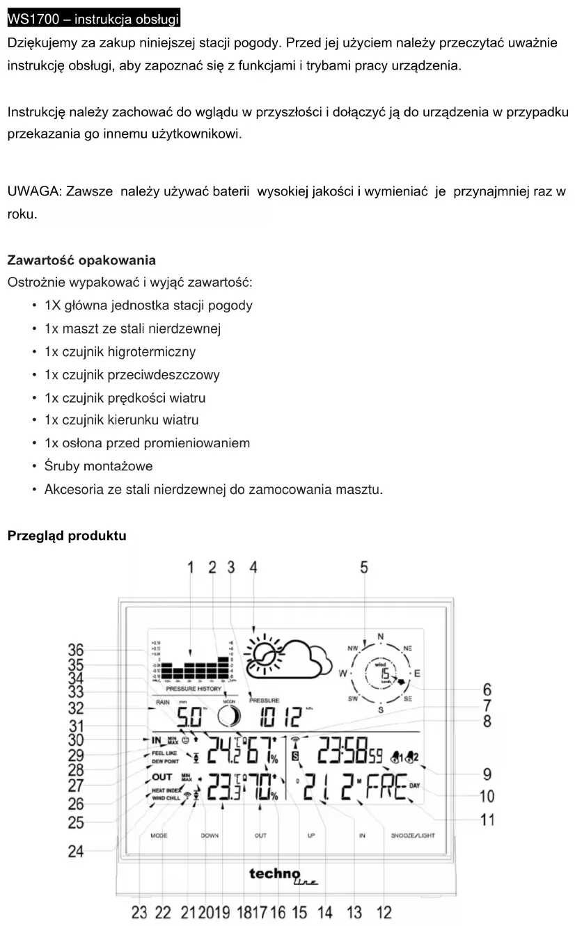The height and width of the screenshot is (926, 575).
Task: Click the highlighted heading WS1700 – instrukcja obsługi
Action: pyautogui.click(x=93, y=17)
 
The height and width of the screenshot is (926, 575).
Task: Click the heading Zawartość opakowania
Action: pyautogui.click(x=81, y=260)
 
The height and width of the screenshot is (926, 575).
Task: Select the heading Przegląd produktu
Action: pyautogui.click(x=67, y=536)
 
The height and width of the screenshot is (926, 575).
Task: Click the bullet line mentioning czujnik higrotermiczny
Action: pyautogui.click(x=120, y=351)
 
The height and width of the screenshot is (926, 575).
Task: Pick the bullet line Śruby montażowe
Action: pyautogui.click(x=98, y=466)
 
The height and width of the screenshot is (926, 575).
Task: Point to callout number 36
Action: pyautogui.click(x=76, y=650)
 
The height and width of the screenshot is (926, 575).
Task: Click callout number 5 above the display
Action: pyautogui.click(x=364, y=567)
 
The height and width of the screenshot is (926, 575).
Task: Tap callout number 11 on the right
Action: pyautogui.click(x=488, y=820)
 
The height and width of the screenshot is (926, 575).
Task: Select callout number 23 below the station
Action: pyautogui.click(x=139, y=912)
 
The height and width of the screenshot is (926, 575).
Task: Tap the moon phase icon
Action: pyautogui.click(x=230, y=715)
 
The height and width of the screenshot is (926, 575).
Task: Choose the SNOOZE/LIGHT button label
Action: pyautogui.click(x=413, y=835)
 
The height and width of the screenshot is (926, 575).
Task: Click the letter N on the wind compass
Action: pyautogui.click(x=380, y=637)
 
